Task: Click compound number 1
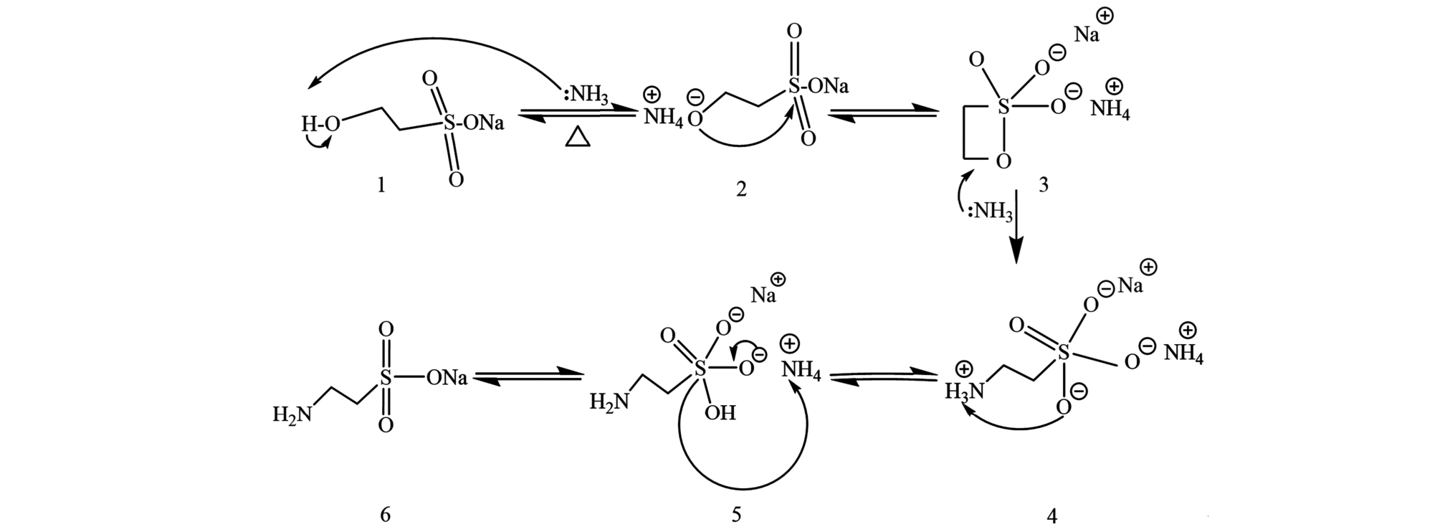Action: click(381, 185)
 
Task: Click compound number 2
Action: click(740, 189)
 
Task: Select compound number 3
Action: click(1043, 185)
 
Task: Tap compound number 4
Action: click(1052, 514)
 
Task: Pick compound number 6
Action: click(385, 514)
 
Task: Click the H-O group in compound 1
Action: click(320, 124)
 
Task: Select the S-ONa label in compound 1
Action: click(473, 123)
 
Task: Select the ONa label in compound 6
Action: click(447, 377)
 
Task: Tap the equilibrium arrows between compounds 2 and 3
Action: click(883, 115)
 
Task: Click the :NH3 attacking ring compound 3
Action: click(991, 212)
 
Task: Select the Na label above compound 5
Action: click(763, 295)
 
